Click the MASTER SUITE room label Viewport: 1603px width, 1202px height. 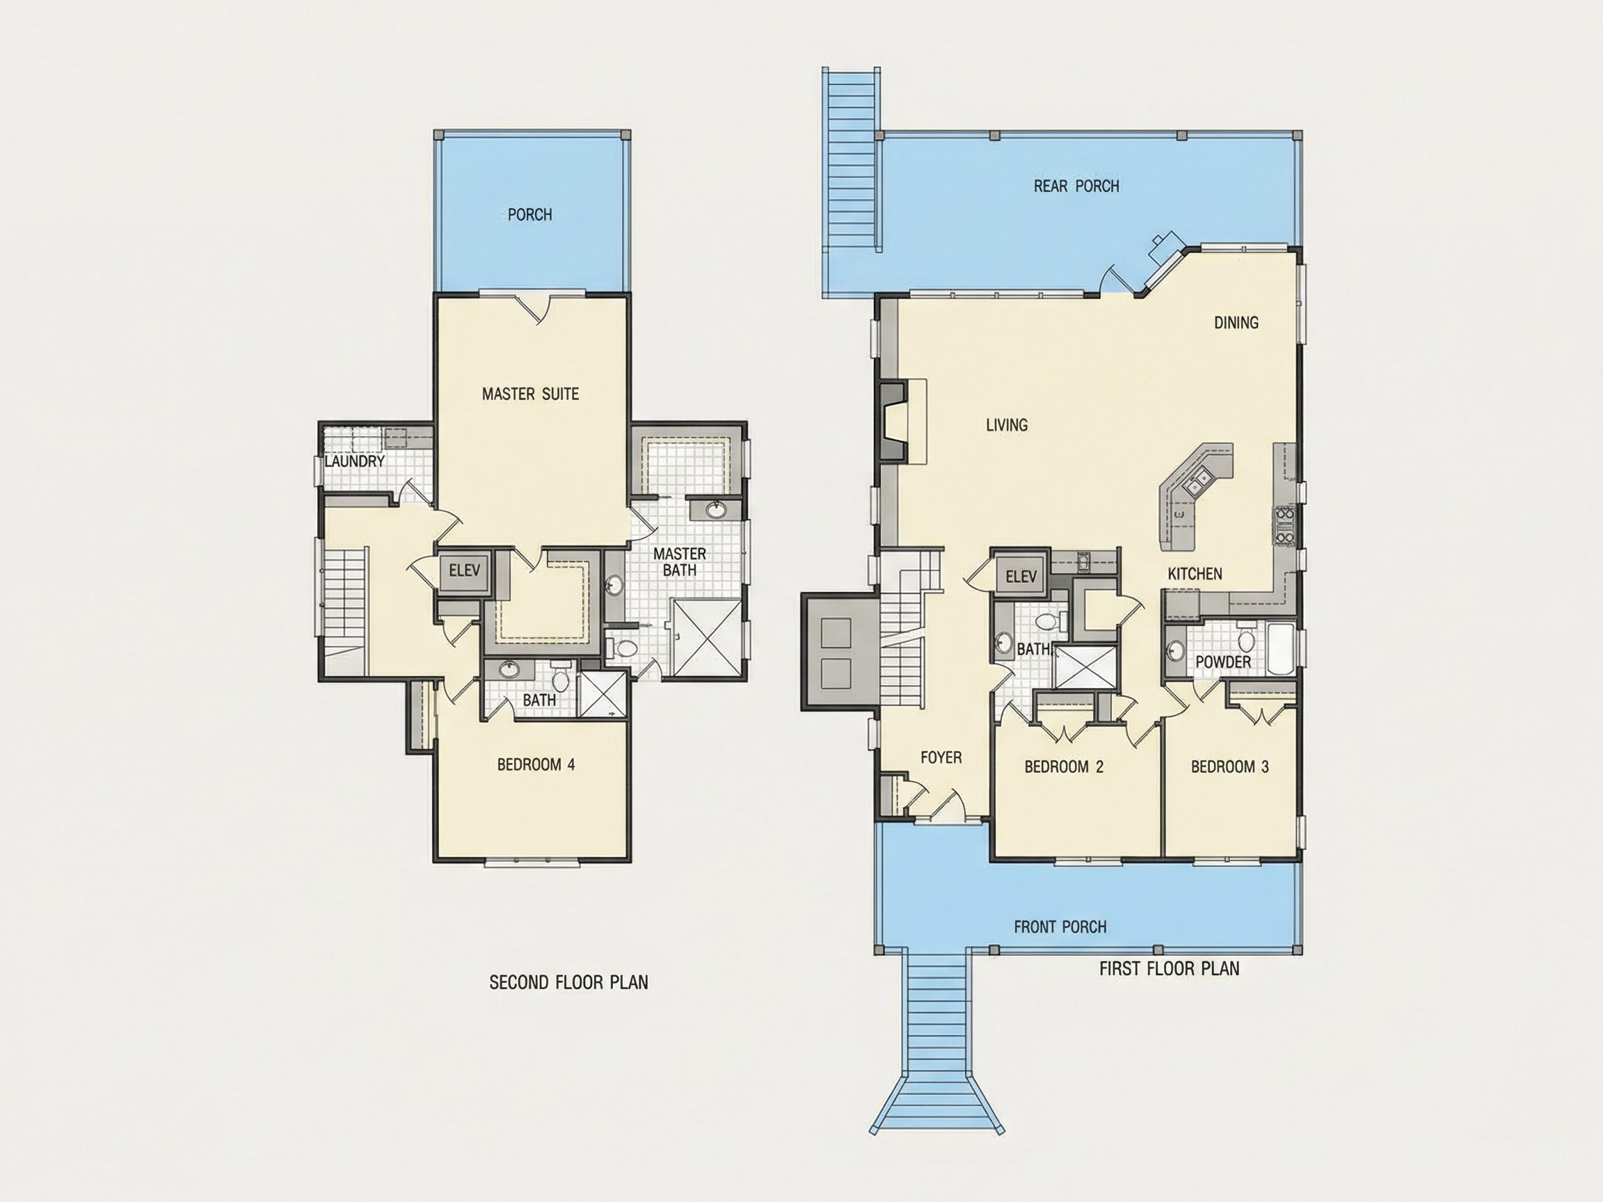pos(530,394)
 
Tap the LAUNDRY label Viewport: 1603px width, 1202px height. pos(354,461)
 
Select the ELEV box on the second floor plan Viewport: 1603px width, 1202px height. pos(465,571)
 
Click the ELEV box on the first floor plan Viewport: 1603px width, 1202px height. pos(1021,577)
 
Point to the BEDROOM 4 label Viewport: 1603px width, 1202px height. pos(536,764)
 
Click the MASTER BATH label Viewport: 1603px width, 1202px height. pos(680,562)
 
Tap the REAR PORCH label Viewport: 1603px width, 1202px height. pos(1076,186)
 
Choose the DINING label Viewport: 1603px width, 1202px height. pos(1236,323)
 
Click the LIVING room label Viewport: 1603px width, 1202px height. pos(1007,424)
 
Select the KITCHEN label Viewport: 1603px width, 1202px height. pos(1195,574)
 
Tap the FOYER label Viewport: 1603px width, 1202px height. pos(941,758)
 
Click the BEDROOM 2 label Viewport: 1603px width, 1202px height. pos(1064,767)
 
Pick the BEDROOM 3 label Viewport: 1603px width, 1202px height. pos(1230,767)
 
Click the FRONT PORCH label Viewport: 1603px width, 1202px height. pos(1060,927)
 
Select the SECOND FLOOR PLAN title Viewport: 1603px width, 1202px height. pos(569,982)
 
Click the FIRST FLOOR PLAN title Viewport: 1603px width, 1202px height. pos(1170,969)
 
